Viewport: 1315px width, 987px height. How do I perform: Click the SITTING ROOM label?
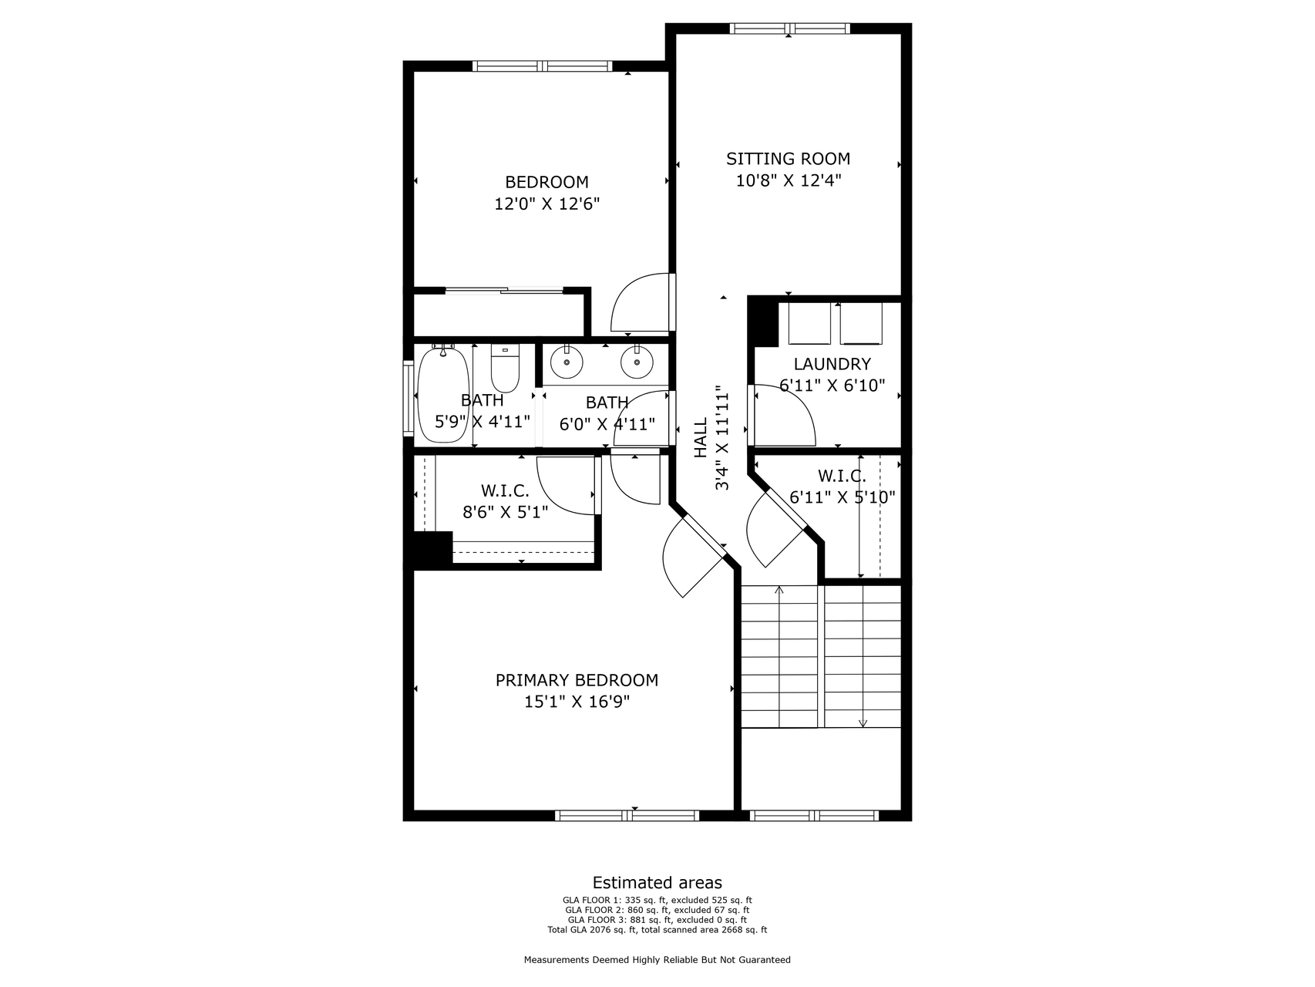point(788,159)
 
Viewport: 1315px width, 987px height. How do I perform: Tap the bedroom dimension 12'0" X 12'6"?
point(547,204)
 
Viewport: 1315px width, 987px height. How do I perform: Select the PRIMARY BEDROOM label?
point(577,680)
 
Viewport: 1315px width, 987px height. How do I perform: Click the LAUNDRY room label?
point(832,364)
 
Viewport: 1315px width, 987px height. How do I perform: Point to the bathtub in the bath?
point(443,396)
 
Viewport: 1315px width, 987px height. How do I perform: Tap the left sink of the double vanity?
point(567,362)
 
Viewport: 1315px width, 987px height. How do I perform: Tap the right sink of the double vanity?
point(637,362)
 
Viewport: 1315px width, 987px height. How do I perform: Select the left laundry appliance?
point(809,324)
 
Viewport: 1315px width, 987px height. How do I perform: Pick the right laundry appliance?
point(861,324)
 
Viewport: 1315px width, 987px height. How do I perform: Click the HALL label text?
point(701,438)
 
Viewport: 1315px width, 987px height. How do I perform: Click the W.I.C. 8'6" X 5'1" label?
point(505,501)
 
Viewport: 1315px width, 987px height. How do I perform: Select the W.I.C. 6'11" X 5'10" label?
point(842,487)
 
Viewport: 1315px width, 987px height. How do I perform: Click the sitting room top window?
point(789,29)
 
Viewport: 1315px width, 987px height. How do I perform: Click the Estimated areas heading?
point(657,883)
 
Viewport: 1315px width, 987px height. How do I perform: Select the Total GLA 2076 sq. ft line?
point(657,930)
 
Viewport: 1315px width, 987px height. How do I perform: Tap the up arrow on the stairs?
point(779,591)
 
